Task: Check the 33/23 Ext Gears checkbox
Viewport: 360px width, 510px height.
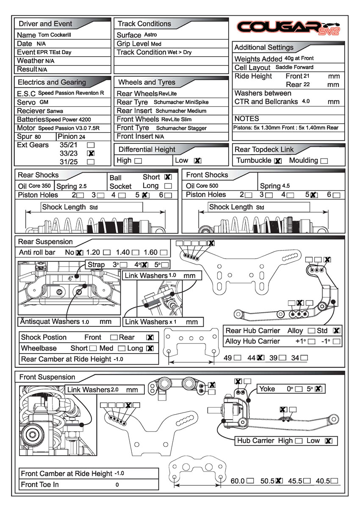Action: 90,153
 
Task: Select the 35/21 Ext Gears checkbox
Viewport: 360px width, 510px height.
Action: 90,145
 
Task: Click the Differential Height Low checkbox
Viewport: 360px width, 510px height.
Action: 197,161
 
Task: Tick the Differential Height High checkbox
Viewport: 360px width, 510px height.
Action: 138,161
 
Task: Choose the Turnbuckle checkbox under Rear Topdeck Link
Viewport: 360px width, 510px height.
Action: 278,161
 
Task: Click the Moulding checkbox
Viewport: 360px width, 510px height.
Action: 324,161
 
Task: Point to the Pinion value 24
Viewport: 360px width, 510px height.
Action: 82,137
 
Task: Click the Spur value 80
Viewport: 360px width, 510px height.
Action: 38,137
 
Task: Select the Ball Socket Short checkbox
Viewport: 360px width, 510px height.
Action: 168,177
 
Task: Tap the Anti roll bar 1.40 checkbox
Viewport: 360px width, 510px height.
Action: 136,253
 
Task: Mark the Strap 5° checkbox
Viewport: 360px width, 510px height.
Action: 165,265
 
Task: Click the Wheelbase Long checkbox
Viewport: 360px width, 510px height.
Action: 150,348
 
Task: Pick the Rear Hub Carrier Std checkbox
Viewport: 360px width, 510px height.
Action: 337,331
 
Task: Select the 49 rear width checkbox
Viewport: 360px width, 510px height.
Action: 238,357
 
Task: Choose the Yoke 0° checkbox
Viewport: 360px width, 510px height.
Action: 299,389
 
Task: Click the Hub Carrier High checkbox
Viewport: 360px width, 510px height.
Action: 299,441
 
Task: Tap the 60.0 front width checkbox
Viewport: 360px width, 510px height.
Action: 250,481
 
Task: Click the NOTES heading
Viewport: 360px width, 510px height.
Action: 246,119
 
